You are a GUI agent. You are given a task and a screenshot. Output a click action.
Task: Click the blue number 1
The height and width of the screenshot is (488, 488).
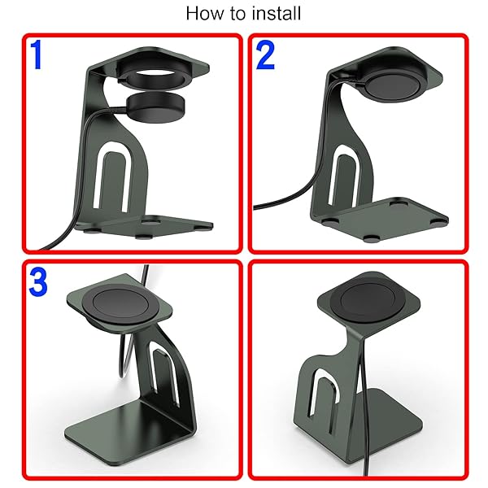point(37,54)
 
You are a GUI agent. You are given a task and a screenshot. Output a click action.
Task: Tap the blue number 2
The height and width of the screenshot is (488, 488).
point(265,55)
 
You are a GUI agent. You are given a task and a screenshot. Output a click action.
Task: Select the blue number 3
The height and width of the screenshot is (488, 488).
point(38,282)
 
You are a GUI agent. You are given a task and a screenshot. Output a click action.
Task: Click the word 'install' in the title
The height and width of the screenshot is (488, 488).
point(277,13)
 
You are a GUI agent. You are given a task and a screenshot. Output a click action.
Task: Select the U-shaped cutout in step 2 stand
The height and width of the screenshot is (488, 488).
point(345,174)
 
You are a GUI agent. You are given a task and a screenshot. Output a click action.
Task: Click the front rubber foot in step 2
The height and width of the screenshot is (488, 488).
point(372,238)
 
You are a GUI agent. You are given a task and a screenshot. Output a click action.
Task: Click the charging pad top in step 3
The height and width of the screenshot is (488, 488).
point(120,304)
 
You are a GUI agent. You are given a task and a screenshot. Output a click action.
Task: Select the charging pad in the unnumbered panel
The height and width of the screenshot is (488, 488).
point(368,299)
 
